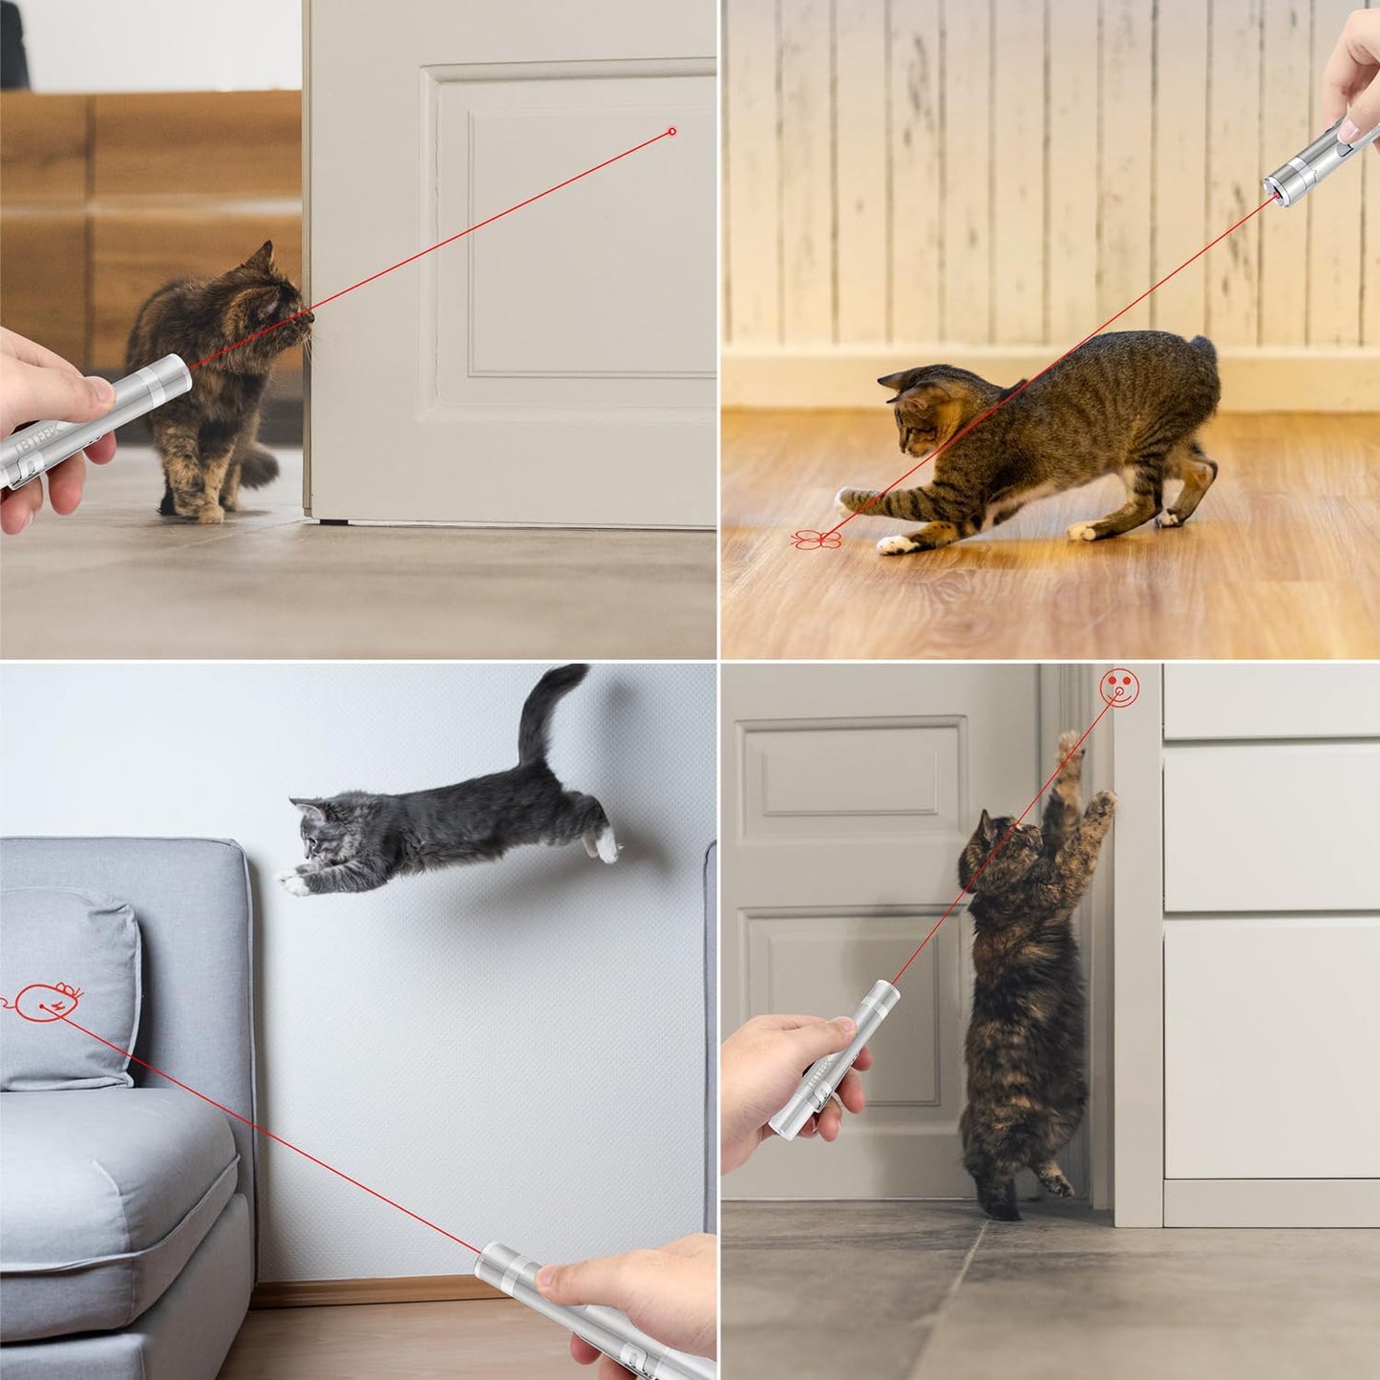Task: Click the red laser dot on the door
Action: click(672, 131)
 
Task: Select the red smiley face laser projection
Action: click(1118, 685)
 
